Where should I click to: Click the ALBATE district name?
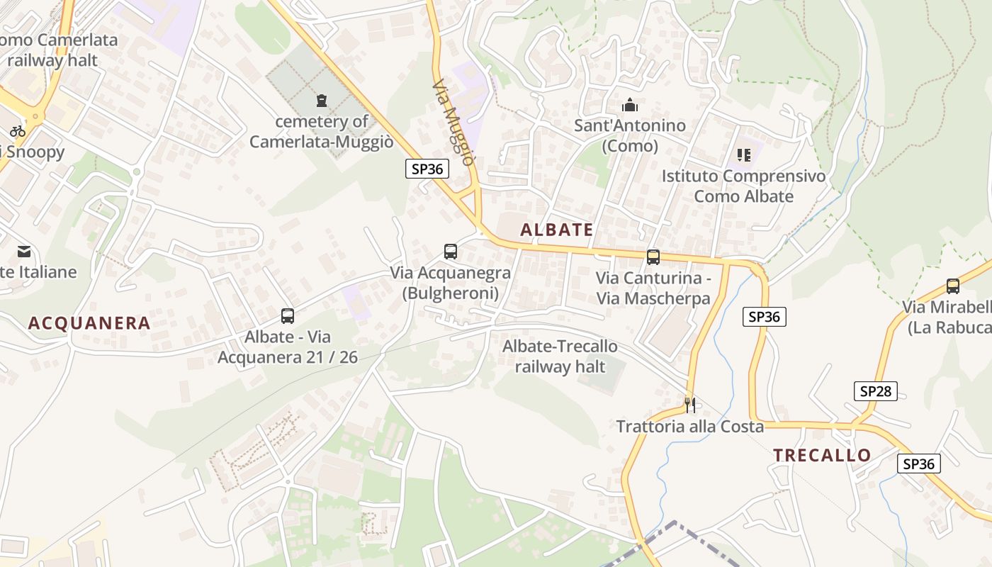pyautogui.click(x=556, y=230)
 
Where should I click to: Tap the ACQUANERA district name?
pyautogui.click(x=89, y=323)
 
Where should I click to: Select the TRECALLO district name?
pyautogui.click(x=822, y=455)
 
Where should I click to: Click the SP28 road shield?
pyautogui.click(x=876, y=391)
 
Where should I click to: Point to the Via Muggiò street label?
pyautogui.click(x=453, y=122)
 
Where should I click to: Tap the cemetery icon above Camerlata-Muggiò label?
pyautogui.click(x=322, y=100)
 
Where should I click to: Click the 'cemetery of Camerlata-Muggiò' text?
pyautogui.click(x=321, y=131)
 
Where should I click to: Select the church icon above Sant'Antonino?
pyautogui.click(x=629, y=106)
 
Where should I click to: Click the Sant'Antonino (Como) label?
pyautogui.click(x=630, y=135)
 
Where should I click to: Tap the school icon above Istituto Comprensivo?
pyautogui.click(x=743, y=155)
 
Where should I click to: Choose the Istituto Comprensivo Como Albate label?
pyautogui.click(x=743, y=186)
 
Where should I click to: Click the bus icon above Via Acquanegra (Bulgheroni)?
pyautogui.click(x=451, y=251)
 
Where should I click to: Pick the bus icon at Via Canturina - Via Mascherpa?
pyautogui.click(x=653, y=257)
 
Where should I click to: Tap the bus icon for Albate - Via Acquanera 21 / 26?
pyautogui.click(x=288, y=316)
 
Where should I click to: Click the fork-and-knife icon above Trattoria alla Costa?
pyautogui.click(x=690, y=405)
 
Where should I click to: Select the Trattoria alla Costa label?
pyautogui.click(x=690, y=427)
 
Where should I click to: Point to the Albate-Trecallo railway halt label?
pyautogui.click(x=560, y=357)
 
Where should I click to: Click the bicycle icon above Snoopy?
pyautogui.click(x=18, y=130)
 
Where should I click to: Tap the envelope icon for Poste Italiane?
pyautogui.click(x=25, y=251)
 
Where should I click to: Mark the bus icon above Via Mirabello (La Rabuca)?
pyautogui.click(x=953, y=286)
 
